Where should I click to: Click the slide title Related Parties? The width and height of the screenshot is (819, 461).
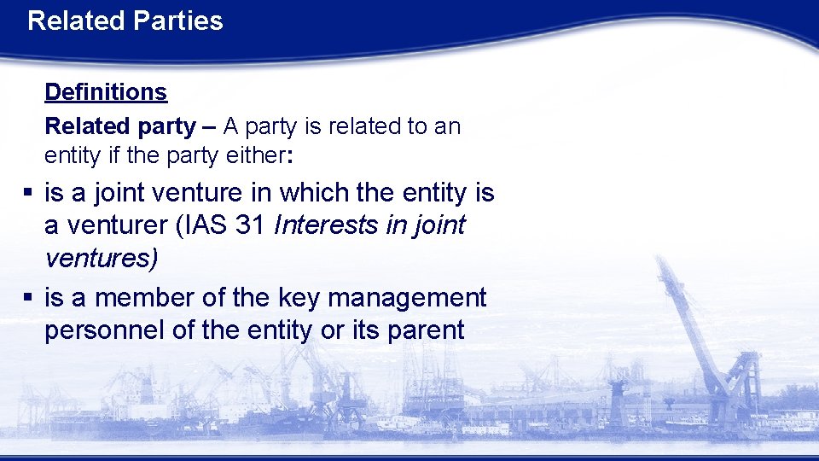[125, 20]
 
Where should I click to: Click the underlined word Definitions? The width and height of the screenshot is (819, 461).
[106, 91]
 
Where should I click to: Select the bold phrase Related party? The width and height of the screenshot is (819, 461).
[119, 126]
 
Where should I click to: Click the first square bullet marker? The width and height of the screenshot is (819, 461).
[28, 194]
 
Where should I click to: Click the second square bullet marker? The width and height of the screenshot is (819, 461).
[28, 298]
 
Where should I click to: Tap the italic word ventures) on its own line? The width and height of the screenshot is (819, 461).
[101, 259]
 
